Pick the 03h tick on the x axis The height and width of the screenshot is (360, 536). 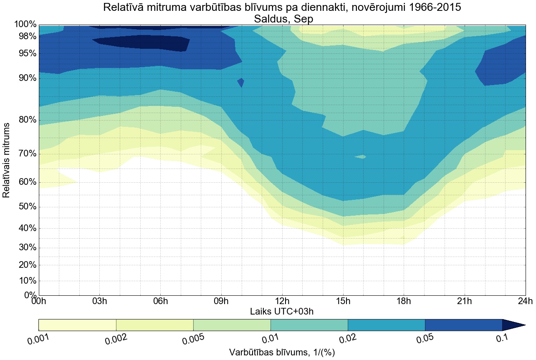99,301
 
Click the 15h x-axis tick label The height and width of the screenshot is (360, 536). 343,301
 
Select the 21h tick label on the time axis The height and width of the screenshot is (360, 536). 464,301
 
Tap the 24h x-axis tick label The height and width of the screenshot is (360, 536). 524,301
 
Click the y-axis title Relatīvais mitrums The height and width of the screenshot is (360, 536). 7,160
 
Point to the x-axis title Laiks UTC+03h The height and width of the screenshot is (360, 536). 282,311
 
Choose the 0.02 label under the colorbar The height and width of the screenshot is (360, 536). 348,339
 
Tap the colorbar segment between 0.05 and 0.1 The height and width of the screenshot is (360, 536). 463,325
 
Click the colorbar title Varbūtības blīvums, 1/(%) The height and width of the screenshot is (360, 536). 282,352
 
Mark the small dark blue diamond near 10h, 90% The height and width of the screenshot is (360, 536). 241,82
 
